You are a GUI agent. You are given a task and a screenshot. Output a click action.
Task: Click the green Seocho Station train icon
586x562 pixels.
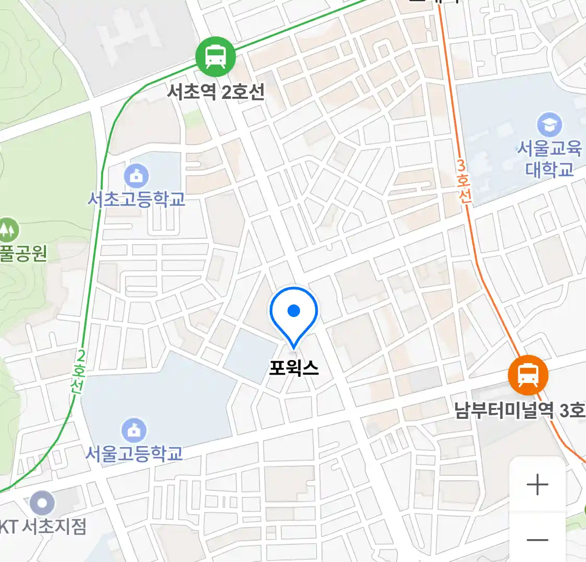(216, 56)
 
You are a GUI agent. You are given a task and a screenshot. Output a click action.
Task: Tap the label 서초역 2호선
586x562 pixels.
(216, 92)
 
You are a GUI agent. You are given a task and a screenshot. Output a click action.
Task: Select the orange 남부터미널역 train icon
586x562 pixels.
(528, 375)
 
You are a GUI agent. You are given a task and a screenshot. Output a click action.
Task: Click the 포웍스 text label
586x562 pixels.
(294, 368)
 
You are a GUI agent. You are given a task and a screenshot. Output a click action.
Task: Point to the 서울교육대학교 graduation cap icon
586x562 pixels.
(549, 125)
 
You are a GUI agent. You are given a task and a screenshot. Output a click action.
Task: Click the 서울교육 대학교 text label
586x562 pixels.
(549, 159)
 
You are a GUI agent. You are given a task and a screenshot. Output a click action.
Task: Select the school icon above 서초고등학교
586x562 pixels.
(136, 177)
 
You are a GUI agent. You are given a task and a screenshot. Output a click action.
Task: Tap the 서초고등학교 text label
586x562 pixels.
(136, 199)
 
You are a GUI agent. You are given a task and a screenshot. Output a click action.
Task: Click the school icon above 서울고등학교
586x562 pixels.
(134, 430)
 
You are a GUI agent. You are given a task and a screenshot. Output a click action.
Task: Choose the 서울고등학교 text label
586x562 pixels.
(134, 453)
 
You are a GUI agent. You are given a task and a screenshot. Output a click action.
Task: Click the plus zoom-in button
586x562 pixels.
(537, 485)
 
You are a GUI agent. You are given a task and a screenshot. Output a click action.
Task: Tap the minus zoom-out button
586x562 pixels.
(537, 540)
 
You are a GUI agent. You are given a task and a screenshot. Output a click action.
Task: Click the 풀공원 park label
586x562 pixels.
(23, 253)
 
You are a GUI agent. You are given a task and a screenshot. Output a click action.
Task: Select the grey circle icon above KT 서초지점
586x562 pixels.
(42, 503)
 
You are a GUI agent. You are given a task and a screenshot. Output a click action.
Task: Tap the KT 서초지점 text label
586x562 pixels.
(43, 527)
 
